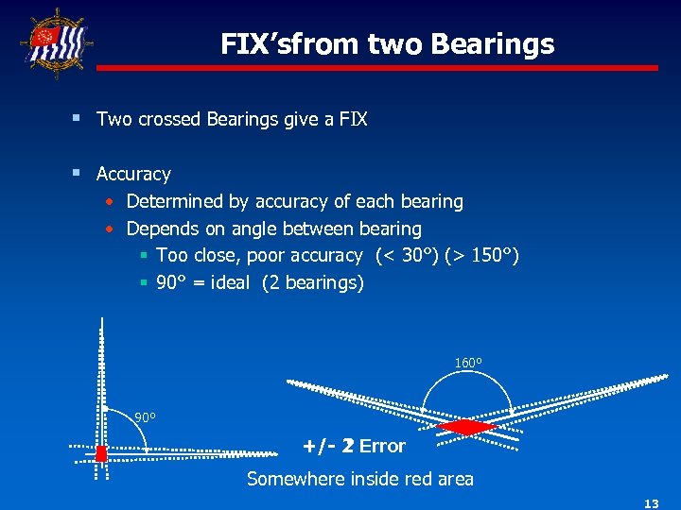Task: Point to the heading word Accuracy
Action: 133,174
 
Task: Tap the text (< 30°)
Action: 419,255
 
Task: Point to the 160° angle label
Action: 468,363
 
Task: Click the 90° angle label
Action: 145,417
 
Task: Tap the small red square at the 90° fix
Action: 101,452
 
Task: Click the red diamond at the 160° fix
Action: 464,427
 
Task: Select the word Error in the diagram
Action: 382,446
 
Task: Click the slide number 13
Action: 652,504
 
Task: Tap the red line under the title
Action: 377,68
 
